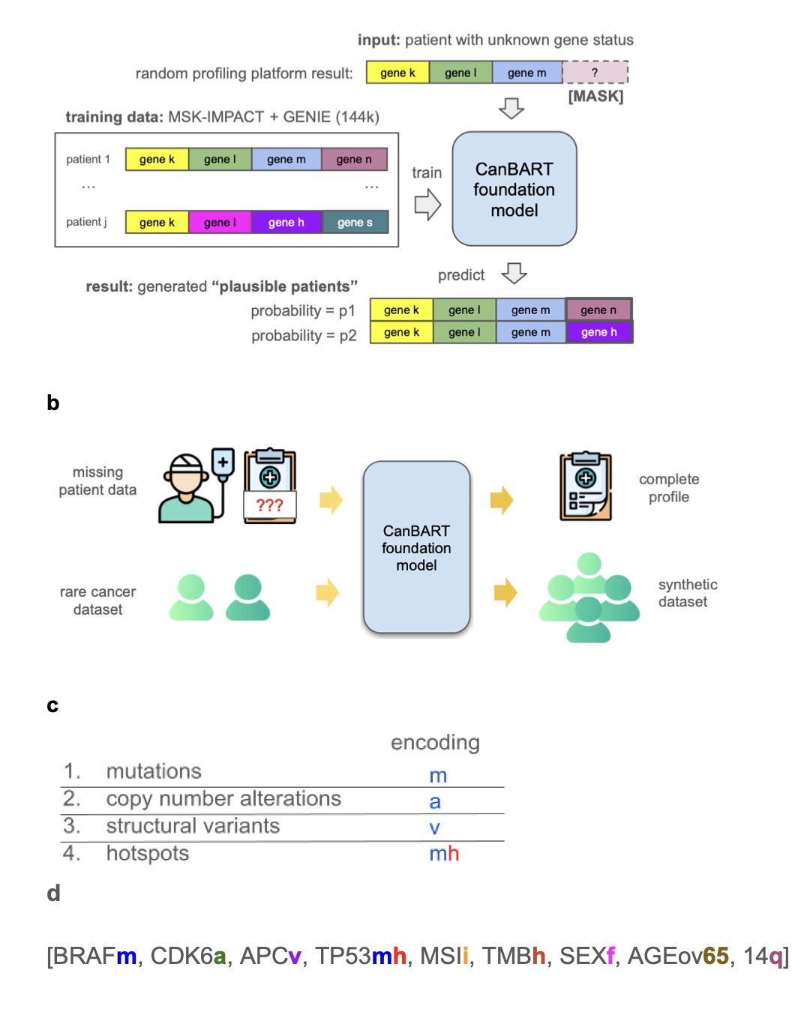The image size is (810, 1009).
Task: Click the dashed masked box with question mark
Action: click(595, 73)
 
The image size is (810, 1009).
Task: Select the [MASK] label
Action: click(595, 96)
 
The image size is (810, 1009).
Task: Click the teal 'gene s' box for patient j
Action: click(355, 223)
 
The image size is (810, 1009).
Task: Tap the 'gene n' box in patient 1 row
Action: click(354, 159)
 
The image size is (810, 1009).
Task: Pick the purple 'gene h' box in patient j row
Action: click(286, 223)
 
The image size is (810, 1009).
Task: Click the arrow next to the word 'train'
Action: click(427, 204)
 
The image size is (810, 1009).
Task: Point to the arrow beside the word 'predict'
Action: click(514, 274)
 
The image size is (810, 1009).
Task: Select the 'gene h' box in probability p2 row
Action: click(598, 332)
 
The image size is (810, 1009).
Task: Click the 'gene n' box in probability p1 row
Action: click(598, 310)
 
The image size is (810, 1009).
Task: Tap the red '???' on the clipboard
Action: click(270, 505)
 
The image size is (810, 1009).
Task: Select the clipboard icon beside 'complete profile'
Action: click(586, 487)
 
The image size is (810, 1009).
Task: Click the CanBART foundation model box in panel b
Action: click(416, 548)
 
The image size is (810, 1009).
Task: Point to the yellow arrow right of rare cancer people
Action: click(328, 592)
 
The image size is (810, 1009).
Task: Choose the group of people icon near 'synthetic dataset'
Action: click(589, 597)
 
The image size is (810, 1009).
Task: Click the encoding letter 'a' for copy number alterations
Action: click(435, 801)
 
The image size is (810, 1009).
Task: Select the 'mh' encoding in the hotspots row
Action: click(444, 854)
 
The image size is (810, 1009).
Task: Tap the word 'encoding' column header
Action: click(435, 742)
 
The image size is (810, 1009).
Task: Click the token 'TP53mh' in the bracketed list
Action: click(361, 956)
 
